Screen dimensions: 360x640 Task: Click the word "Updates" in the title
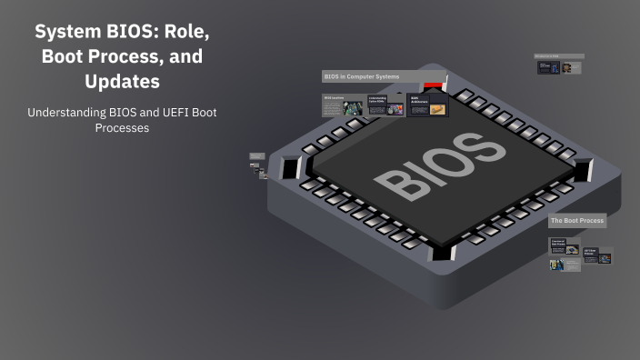[x=122, y=81]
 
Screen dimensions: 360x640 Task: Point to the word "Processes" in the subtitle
[x=122, y=128]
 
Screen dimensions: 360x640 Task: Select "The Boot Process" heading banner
[x=576, y=221]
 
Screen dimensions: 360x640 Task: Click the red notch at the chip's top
[x=435, y=86]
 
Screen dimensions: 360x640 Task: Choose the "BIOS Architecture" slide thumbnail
[x=427, y=105]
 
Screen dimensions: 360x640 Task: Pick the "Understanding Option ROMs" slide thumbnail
[x=385, y=105]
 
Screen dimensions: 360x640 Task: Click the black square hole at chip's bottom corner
[x=442, y=253]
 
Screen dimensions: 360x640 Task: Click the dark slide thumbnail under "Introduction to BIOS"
[x=549, y=68]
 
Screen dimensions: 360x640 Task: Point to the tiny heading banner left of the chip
[x=255, y=156]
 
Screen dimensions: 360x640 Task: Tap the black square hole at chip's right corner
[x=583, y=169]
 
